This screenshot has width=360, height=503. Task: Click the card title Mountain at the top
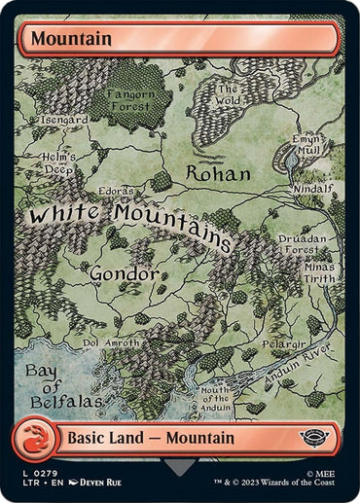tap(71, 39)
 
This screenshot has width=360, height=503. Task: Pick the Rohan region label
tap(217, 174)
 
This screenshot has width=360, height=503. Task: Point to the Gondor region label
tap(125, 274)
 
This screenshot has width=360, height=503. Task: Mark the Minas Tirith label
tap(318, 273)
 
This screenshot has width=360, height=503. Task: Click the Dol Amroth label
tap(112, 342)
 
